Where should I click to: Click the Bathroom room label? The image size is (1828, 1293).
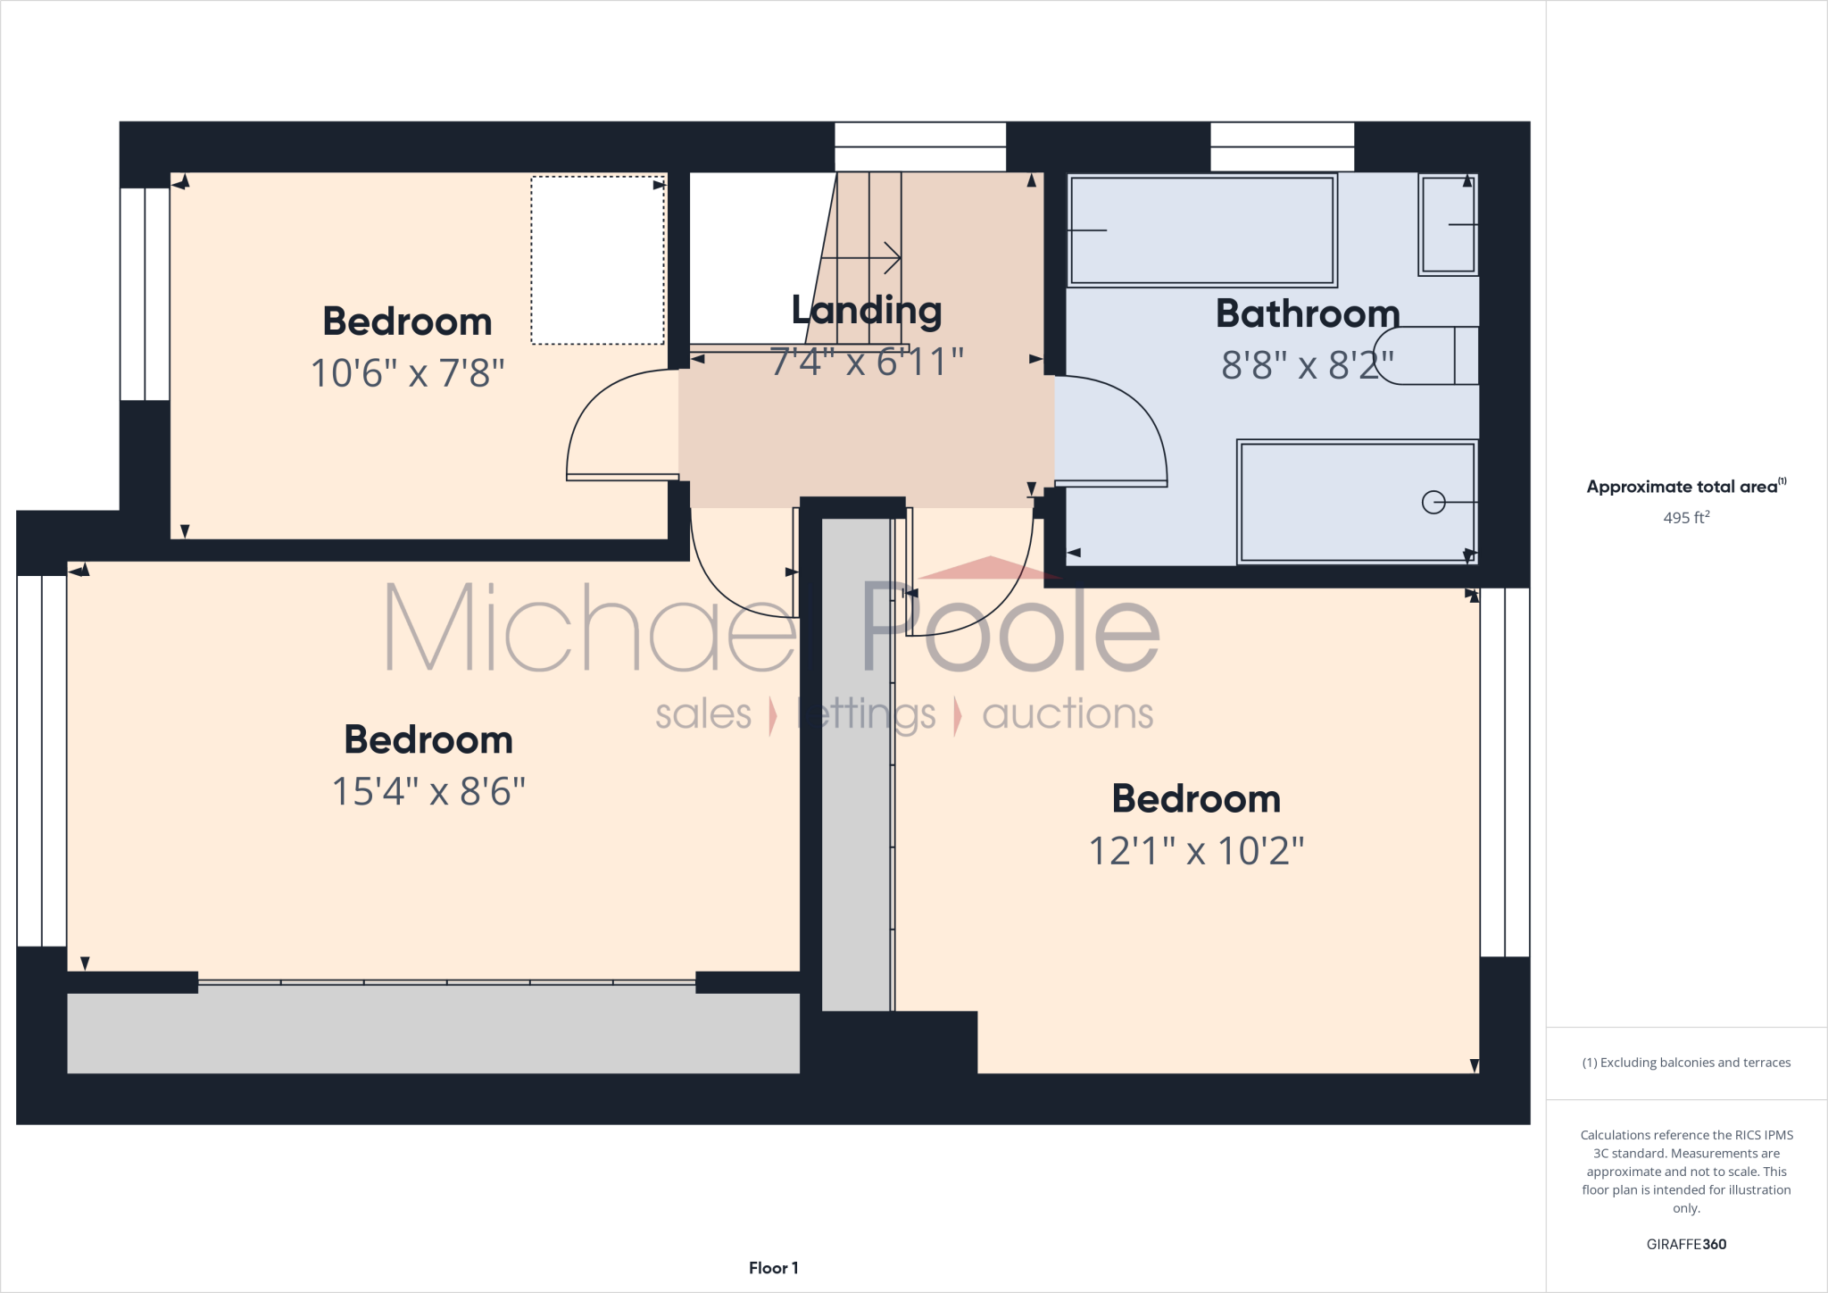tap(1307, 314)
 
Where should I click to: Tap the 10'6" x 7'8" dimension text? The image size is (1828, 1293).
tap(407, 373)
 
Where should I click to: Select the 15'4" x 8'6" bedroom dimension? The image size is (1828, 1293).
tap(428, 791)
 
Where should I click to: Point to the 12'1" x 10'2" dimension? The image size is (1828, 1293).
tap(1196, 851)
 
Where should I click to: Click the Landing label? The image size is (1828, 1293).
tap(866, 311)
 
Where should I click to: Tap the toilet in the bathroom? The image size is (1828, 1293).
tap(1425, 355)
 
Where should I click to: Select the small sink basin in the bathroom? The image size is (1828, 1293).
tap(1447, 225)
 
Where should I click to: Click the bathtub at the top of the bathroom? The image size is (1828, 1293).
tap(1201, 230)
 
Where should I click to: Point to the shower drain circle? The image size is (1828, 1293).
tap(1433, 503)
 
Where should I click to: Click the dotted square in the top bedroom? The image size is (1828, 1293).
tap(597, 260)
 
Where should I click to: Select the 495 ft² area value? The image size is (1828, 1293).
tap(1685, 518)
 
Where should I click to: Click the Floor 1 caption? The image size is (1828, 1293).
tap(773, 1268)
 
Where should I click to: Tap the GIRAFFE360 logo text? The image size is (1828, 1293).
tap(1685, 1244)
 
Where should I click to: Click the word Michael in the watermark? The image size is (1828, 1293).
tap(589, 628)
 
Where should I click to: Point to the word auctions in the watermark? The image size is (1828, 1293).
tap(1068, 714)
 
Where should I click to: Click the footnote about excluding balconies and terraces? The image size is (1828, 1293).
tap(1685, 1063)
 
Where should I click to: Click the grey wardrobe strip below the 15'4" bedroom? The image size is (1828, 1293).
tap(433, 1033)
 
